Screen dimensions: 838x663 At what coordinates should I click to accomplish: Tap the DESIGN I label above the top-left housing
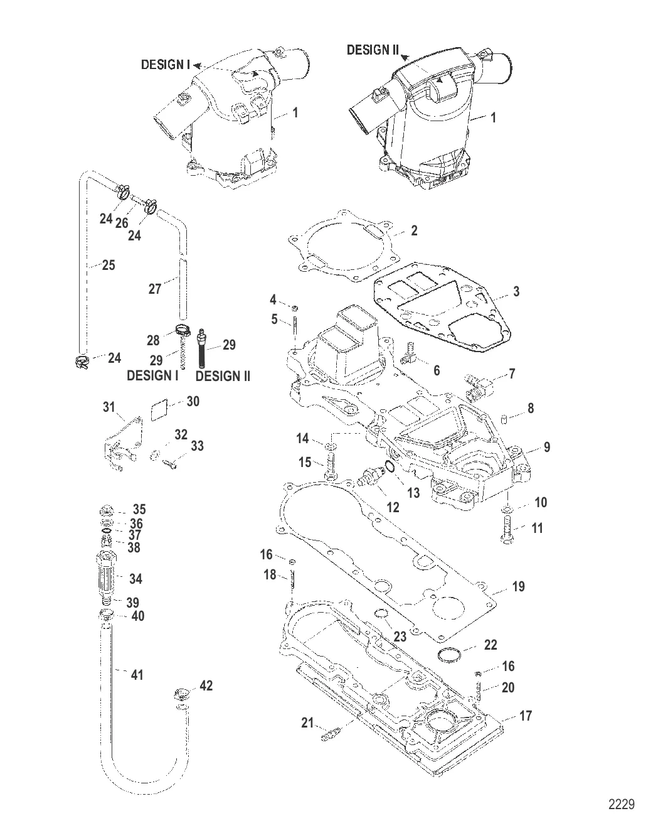click(165, 65)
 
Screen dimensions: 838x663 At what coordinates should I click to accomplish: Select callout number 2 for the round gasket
click(414, 230)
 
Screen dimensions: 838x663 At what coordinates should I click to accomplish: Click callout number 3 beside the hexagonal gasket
click(516, 291)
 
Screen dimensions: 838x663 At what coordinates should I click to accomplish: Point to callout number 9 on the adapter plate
click(547, 447)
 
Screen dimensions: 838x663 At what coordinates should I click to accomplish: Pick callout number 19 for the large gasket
click(517, 587)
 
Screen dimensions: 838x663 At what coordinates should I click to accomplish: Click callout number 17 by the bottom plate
click(526, 715)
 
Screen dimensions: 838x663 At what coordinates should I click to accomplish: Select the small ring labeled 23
click(381, 613)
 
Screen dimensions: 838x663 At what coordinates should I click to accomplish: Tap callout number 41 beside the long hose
click(137, 675)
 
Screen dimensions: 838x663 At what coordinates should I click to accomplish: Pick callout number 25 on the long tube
click(108, 266)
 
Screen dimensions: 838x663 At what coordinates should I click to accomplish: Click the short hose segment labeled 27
click(181, 289)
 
